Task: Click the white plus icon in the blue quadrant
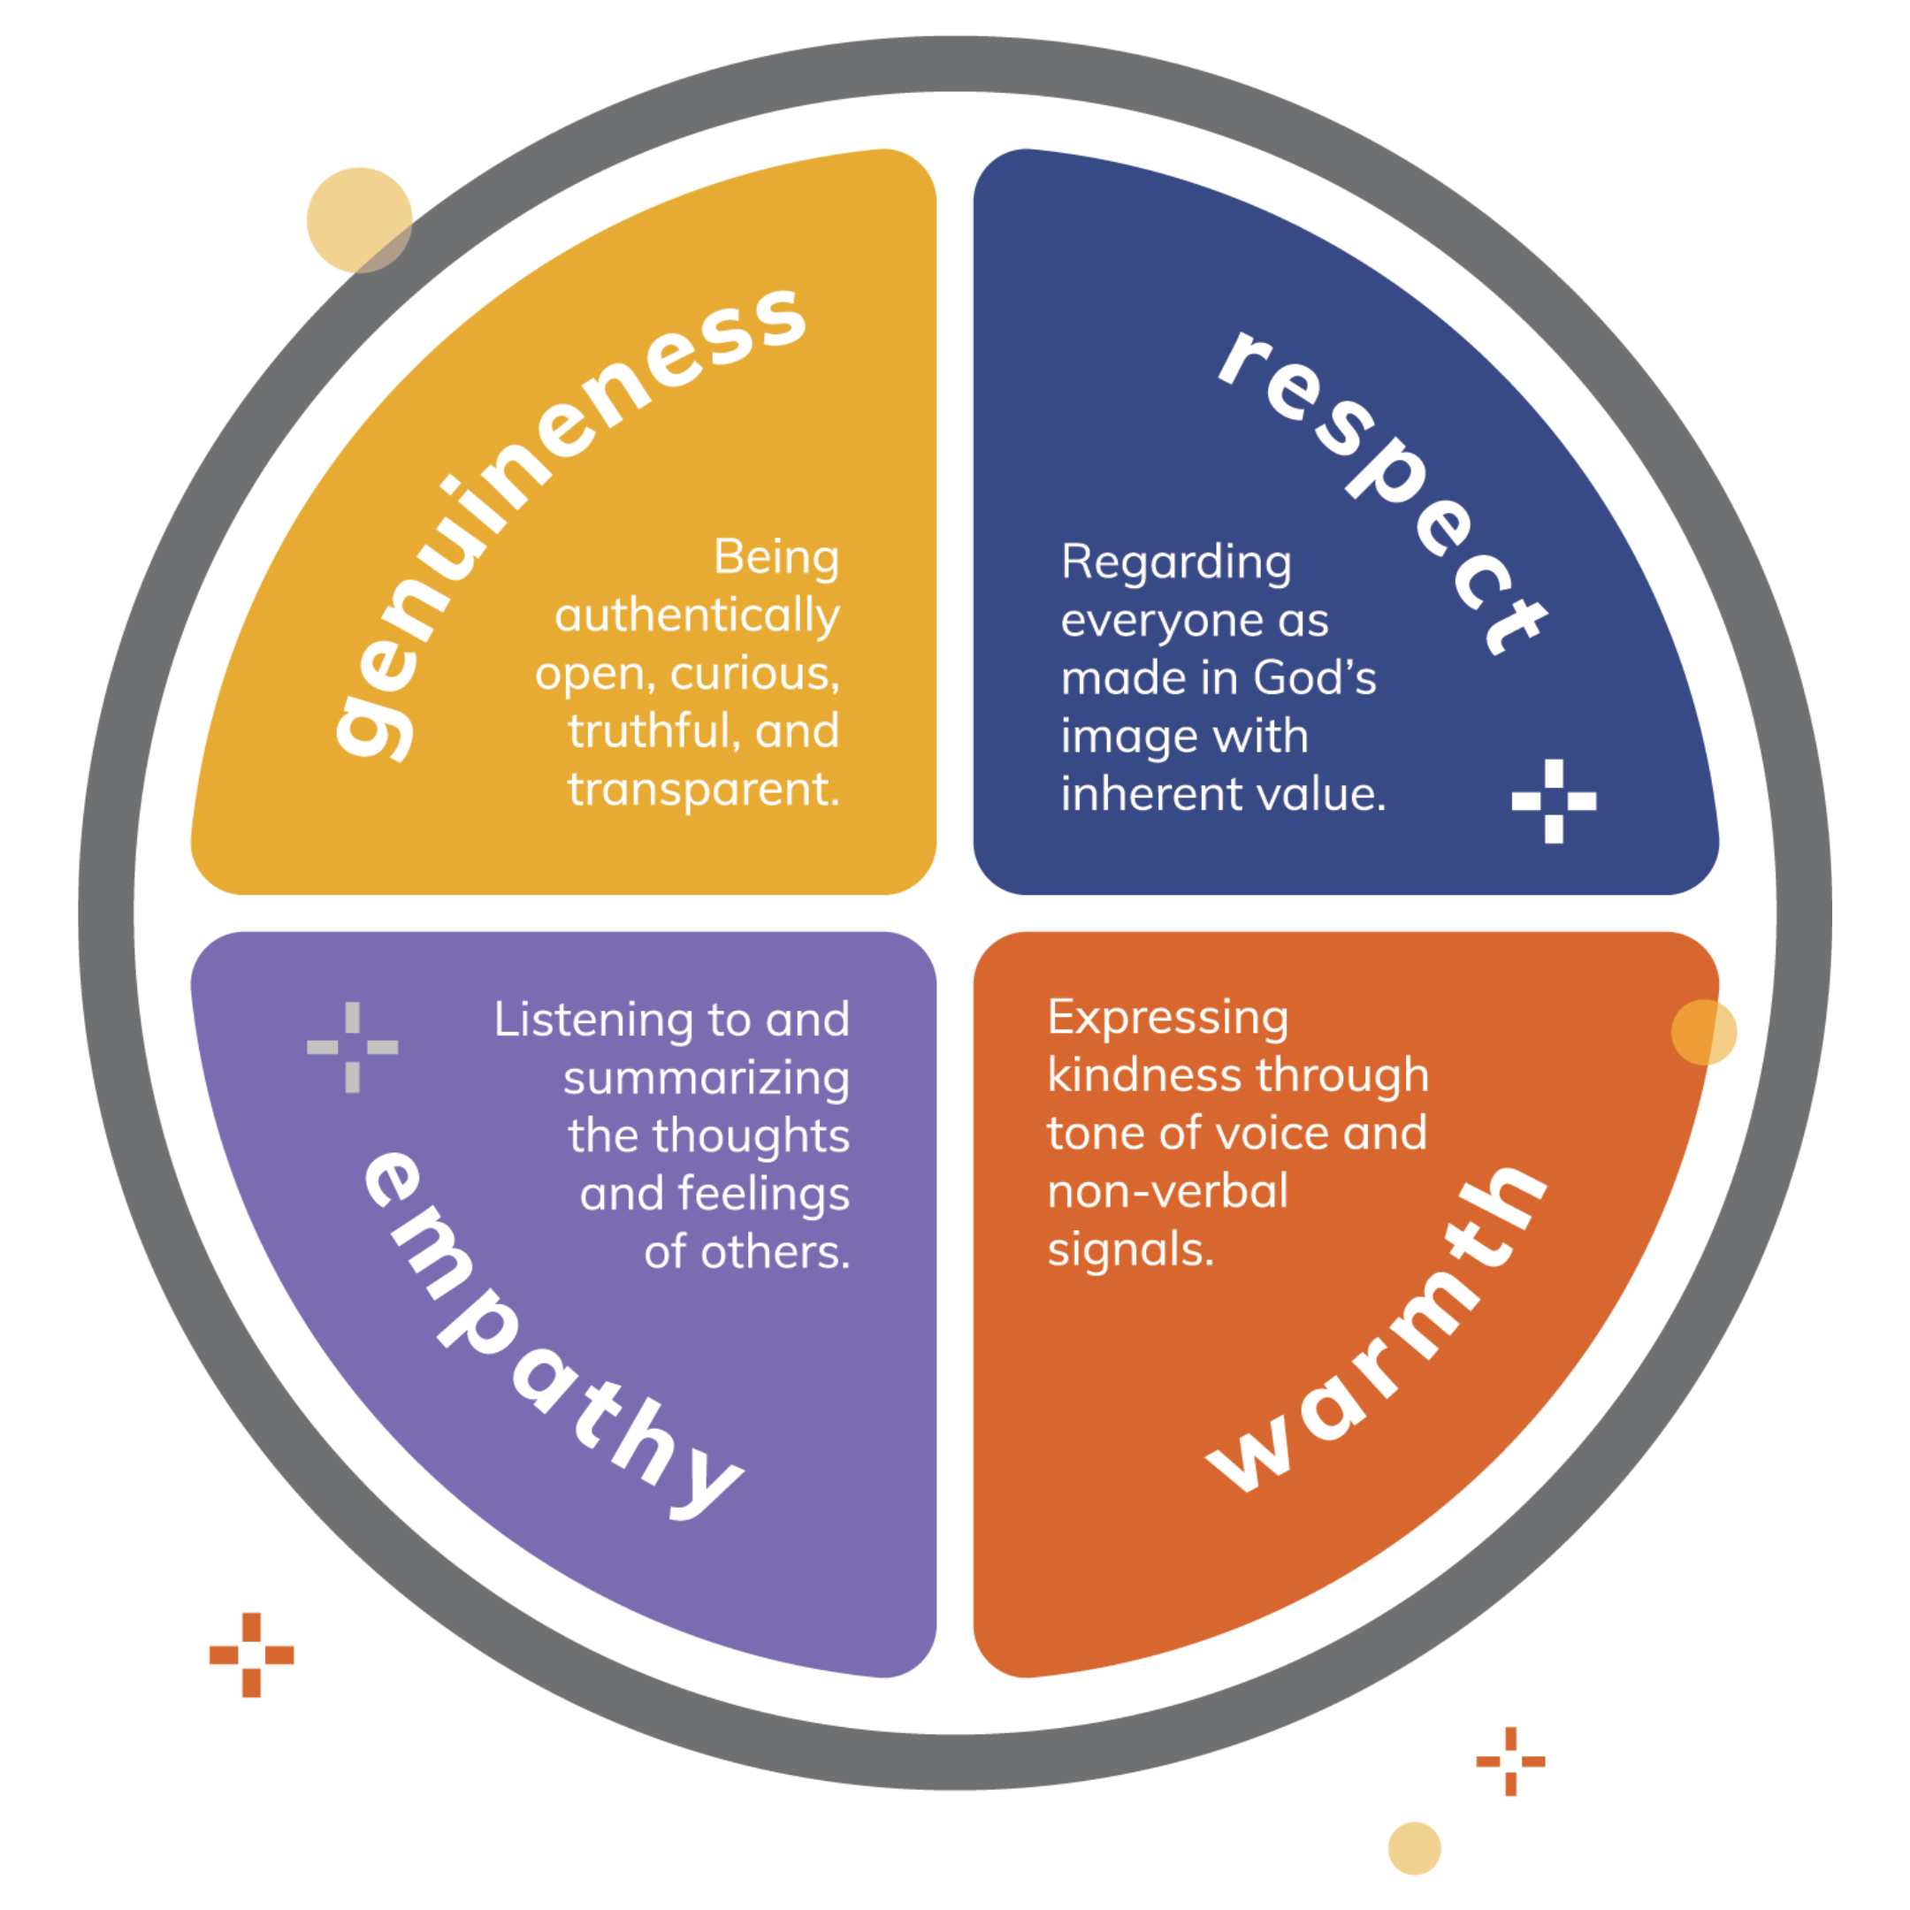[x=1553, y=801]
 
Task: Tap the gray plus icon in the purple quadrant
[x=353, y=1047]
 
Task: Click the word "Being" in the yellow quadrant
[x=776, y=558]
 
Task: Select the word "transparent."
[x=703, y=790]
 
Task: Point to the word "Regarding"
[x=1175, y=563]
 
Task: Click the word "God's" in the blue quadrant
[x=1314, y=678]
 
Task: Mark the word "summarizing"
[x=706, y=1080]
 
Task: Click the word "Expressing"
[x=1167, y=1019]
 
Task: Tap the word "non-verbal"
[x=1167, y=1191]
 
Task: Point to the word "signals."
[x=1130, y=1249]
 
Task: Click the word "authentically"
[x=697, y=617]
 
